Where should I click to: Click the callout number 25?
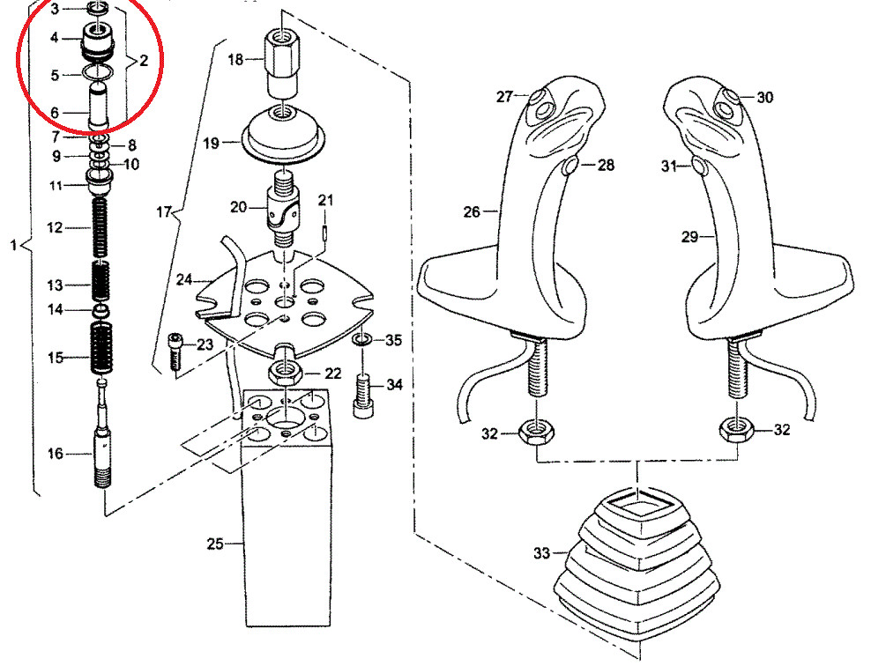coord(215,544)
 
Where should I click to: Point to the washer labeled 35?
coord(361,340)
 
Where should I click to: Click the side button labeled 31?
coord(699,166)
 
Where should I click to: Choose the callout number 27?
coord(503,97)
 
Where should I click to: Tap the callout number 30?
coord(764,98)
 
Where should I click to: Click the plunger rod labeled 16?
coord(103,440)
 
